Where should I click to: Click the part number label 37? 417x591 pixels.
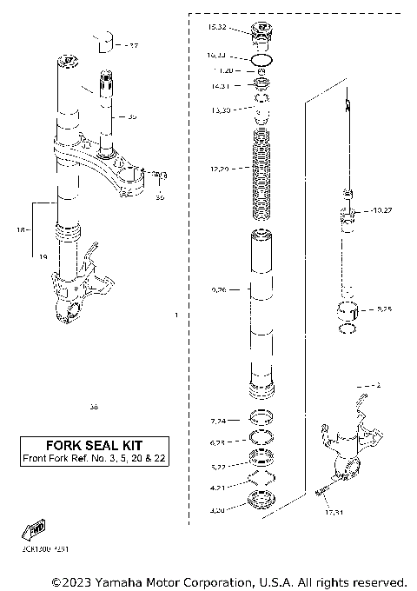132,44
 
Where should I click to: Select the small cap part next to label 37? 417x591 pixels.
106,40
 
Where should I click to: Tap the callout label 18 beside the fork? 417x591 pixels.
21,230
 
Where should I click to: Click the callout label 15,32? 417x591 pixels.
216,28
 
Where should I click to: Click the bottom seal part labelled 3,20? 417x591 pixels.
261,501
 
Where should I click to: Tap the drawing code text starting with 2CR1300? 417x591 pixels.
41,549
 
